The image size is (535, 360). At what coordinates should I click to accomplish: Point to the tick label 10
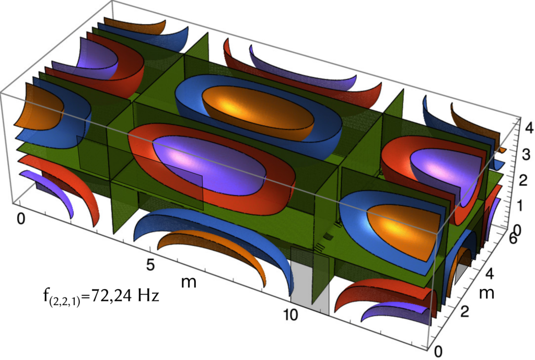tap(290, 315)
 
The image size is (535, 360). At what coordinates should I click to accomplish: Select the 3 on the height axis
tap(526, 155)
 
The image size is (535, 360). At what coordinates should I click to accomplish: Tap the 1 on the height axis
tap(520, 206)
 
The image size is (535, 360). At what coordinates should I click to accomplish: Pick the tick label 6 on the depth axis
tap(513, 239)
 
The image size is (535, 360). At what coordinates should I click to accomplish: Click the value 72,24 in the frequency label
tap(111, 296)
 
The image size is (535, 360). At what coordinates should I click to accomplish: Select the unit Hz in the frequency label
tap(148, 296)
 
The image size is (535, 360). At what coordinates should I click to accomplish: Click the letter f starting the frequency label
tap(46, 295)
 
